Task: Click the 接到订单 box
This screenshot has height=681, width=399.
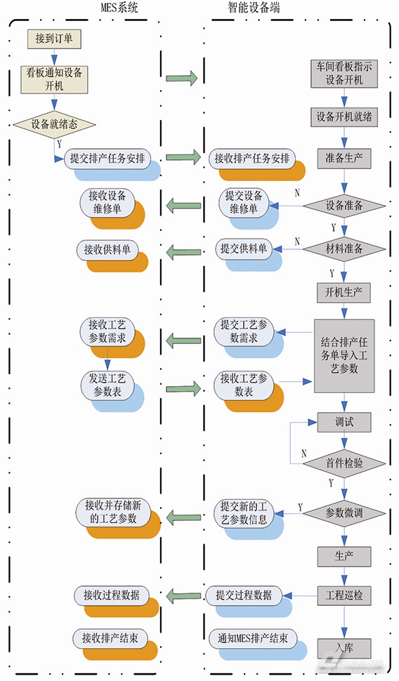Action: (54, 39)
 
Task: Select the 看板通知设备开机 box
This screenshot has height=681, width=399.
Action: (54, 79)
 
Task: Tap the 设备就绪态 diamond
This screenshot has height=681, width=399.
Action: (54, 124)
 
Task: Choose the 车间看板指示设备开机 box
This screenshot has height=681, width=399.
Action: (344, 73)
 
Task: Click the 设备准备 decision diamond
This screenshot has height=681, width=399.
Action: (344, 206)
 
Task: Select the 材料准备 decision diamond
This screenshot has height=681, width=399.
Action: (344, 248)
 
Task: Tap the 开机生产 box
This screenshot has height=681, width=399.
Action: (344, 291)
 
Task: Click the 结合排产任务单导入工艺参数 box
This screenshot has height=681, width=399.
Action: (344, 356)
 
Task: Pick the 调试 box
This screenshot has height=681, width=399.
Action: (344, 422)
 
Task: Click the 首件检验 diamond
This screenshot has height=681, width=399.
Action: (344, 463)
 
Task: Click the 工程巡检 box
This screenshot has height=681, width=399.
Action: (344, 595)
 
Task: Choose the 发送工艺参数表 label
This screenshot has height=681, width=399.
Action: (107, 385)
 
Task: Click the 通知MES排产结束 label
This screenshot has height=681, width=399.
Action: (253, 639)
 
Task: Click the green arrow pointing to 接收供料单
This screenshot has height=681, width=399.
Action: (183, 249)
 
